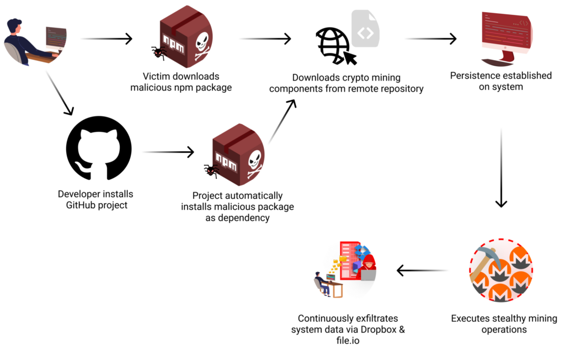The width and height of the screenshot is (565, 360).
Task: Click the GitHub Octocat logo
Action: [99, 148]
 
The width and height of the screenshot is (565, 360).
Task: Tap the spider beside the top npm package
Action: [159, 53]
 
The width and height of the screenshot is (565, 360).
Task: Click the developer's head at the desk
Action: [15, 28]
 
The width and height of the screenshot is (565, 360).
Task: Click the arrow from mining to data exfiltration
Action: [422, 271]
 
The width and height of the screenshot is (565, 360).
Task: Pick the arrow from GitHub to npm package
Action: [168, 152]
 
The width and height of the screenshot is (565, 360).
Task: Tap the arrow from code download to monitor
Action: [430, 39]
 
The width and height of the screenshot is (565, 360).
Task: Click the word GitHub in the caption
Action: [81, 205]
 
